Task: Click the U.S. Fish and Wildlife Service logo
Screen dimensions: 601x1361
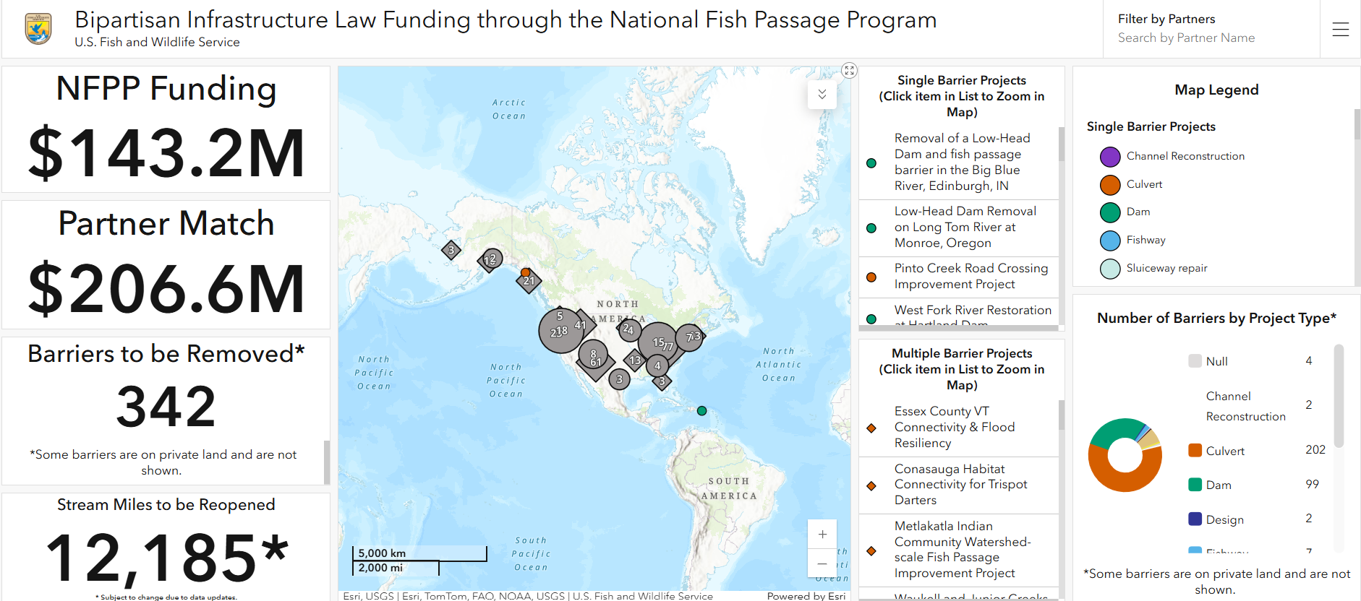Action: pos(38,29)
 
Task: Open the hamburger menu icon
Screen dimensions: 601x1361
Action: pos(1340,30)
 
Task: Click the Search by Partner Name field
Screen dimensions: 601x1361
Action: pos(1186,38)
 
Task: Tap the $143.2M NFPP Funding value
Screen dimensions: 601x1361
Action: pos(166,152)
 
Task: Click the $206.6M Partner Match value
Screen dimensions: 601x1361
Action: pos(166,288)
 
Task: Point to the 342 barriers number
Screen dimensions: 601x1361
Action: pos(166,406)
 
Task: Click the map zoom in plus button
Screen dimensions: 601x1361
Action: pos(822,535)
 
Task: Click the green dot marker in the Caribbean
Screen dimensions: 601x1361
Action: pos(701,411)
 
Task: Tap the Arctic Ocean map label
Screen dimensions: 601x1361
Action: pos(509,109)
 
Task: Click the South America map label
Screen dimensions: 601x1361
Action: pos(728,488)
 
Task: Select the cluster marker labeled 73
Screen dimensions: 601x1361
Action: pos(691,337)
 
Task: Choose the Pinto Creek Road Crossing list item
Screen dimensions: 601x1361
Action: pos(970,276)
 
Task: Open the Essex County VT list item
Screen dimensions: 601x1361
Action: pos(954,427)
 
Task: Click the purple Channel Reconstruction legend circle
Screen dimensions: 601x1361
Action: pos(1110,157)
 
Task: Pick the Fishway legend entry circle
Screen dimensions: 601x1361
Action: pos(1110,241)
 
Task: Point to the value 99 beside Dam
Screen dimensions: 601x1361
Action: pos(1312,484)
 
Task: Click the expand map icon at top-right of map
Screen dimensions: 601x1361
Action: pos(849,70)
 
